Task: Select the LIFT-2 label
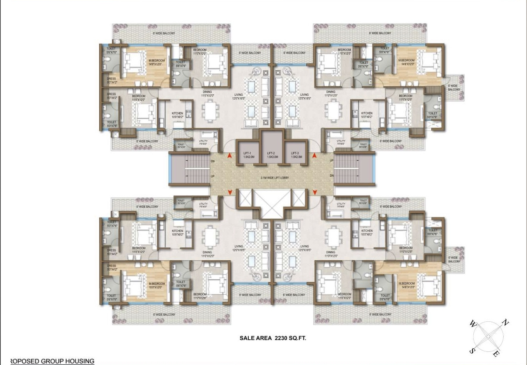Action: (271, 153)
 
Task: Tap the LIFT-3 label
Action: (295, 153)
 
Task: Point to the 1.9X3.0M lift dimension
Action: (272, 157)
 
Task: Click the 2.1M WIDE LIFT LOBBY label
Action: (274, 178)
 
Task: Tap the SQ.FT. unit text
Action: (297, 338)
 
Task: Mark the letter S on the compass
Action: (472, 351)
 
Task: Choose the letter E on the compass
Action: (496, 354)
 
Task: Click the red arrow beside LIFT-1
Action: (230, 156)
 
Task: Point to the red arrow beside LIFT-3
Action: (314, 156)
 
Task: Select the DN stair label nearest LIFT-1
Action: (213, 161)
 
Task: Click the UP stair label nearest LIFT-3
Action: (331, 161)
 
